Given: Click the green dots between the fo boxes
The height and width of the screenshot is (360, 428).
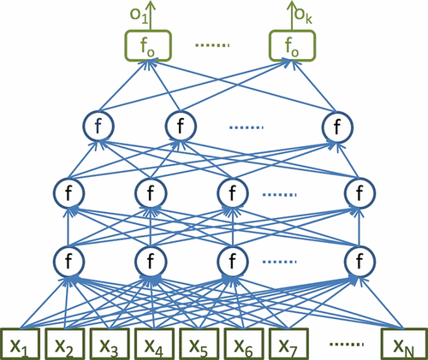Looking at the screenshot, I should pos(221,45).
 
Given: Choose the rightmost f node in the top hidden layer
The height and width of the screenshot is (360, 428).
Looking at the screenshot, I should pos(338,127).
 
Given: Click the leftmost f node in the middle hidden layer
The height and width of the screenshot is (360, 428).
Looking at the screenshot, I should pos(68,192).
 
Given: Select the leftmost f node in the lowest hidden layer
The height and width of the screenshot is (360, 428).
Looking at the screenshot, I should pos(68,257).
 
